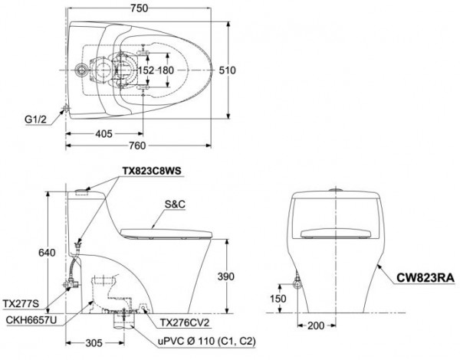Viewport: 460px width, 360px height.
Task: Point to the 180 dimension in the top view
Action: pyautogui.click(x=166, y=70)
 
